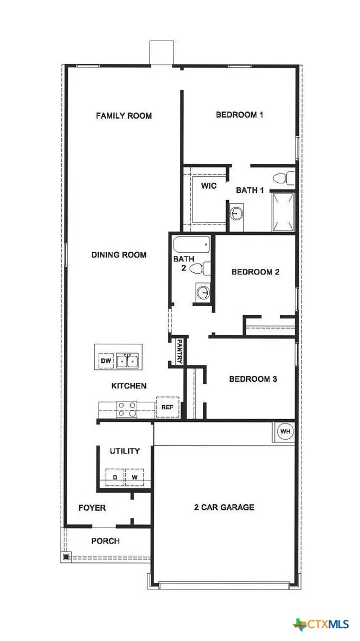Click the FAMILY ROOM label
click(x=124, y=116)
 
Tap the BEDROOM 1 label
click(x=240, y=114)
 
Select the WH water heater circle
click(x=285, y=431)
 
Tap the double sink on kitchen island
click(x=128, y=360)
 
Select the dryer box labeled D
click(x=114, y=477)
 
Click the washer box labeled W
click(x=134, y=477)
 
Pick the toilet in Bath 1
click(x=284, y=177)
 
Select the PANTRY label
click(x=179, y=352)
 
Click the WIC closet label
click(x=209, y=186)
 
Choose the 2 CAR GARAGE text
click(x=224, y=508)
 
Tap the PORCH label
click(x=105, y=541)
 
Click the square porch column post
click(x=66, y=556)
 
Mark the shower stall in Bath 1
click(x=284, y=211)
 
